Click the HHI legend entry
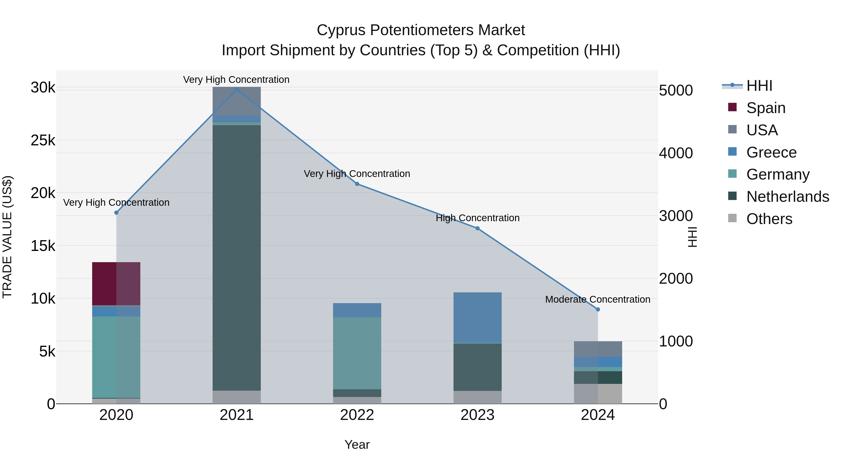coord(759,86)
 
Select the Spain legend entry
coord(766,108)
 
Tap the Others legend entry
coord(769,219)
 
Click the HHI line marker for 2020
coord(116,213)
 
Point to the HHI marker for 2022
coord(357,184)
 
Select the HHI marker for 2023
coord(478,228)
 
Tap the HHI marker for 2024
coord(598,309)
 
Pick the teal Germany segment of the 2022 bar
coord(357,353)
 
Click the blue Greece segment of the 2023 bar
coord(478,317)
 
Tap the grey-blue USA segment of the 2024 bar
coord(598,349)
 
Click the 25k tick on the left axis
coord(43,141)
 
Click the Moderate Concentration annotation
coord(598,299)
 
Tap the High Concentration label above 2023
coord(478,218)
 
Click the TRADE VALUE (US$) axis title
coord(7,237)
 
